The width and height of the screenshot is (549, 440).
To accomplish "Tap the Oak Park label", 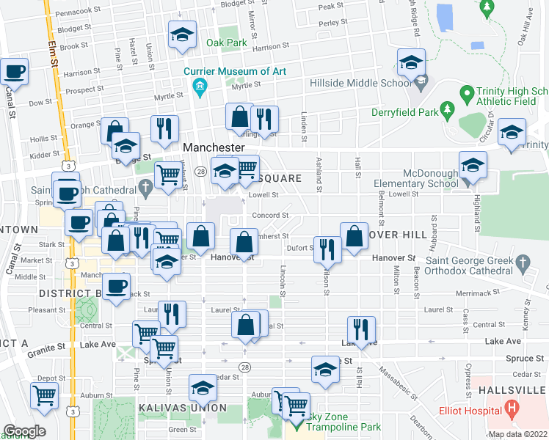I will [226, 43].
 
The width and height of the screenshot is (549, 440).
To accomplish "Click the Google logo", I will [23, 431].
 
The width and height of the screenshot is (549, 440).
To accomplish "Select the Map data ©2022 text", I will [517, 434].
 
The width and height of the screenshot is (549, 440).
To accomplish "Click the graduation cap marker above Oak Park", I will [181, 35].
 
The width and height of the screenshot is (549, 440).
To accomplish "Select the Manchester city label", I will [213, 147].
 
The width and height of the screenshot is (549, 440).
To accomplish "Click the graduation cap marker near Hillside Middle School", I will [412, 63].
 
